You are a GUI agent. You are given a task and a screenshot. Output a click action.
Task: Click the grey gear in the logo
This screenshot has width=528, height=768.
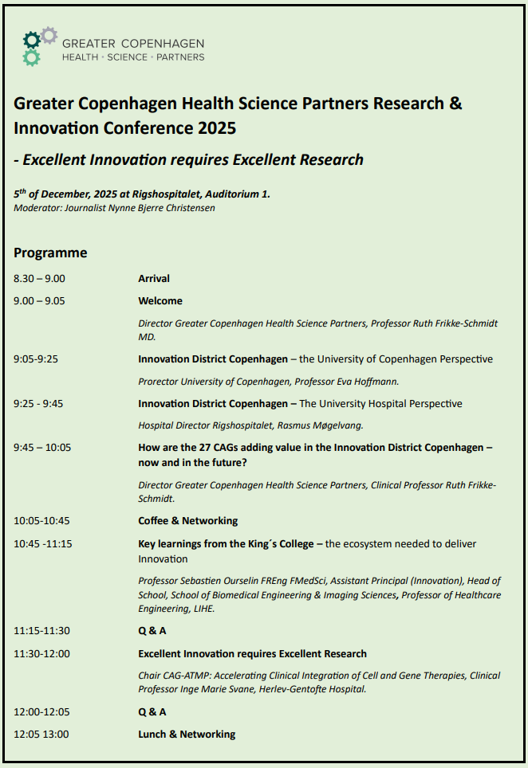pyautogui.click(x=49, y=34)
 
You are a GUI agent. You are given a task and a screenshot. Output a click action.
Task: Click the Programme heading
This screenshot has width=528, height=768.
pyautogui.click(x=50, y=253)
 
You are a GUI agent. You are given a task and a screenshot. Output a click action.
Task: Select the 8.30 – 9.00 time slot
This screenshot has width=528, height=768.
pyautogui.click(x=39, y=279)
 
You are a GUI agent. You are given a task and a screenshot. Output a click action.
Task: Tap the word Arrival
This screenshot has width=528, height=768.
pyautogui.click(x=154, y=279)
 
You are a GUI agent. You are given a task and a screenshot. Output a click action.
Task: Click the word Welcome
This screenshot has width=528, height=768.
pyautogui.click(x=160, y=301)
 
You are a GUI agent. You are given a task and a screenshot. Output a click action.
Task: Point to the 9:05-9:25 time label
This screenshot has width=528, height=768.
pyautogui.click(x=36, y=359)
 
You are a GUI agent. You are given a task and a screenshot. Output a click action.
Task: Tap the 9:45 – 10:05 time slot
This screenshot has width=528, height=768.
pyautogui.click(x=42, y=448)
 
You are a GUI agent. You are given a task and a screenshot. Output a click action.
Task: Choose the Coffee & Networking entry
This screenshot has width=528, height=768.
pyautogui.click(x=188, y=521)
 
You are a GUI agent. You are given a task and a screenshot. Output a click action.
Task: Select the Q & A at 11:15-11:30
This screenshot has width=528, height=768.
pyautogui.click(x=152, y=631)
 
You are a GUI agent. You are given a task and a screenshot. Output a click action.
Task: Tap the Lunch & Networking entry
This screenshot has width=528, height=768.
pyautogui.click(x=187, y=734)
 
